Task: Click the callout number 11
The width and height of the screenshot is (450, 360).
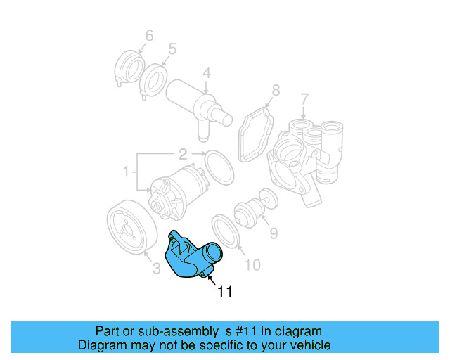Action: coord(223,290)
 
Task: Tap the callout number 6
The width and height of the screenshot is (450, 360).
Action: coord(148,35)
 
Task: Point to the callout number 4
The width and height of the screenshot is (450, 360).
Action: coord(207,72)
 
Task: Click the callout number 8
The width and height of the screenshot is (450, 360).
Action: coord(276,90)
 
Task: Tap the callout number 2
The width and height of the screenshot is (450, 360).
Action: coord(182,153)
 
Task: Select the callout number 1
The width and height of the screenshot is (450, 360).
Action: coord(127,171)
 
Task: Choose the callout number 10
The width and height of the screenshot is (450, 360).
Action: coord(252,264)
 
